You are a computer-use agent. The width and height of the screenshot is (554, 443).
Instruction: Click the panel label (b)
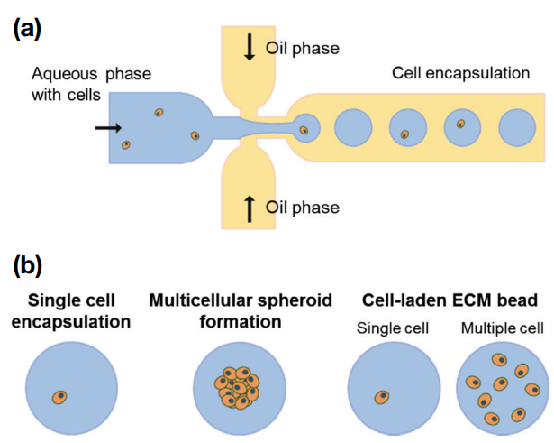tap(28, 266)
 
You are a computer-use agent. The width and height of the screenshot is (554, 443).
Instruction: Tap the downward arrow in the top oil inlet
tap(250, 48)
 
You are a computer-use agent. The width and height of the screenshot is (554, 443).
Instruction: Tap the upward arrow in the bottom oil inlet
tap(250, 208)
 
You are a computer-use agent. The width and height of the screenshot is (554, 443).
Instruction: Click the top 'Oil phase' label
tap(302, 48)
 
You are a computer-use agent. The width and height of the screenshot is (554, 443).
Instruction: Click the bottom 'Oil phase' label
tap(302, 208)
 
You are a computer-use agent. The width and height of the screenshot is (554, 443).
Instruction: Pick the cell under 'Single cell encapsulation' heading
tap(59, 397)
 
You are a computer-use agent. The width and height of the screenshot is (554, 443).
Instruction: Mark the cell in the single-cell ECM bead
tap(381, 397)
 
